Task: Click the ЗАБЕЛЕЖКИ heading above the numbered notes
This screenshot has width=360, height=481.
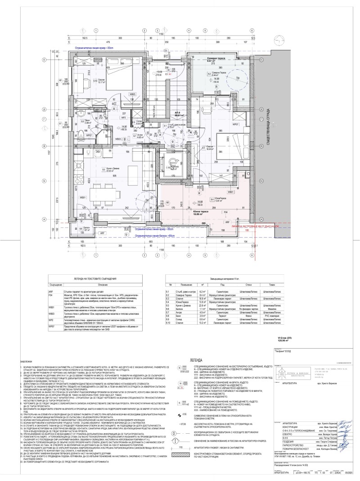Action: pos(27,362)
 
